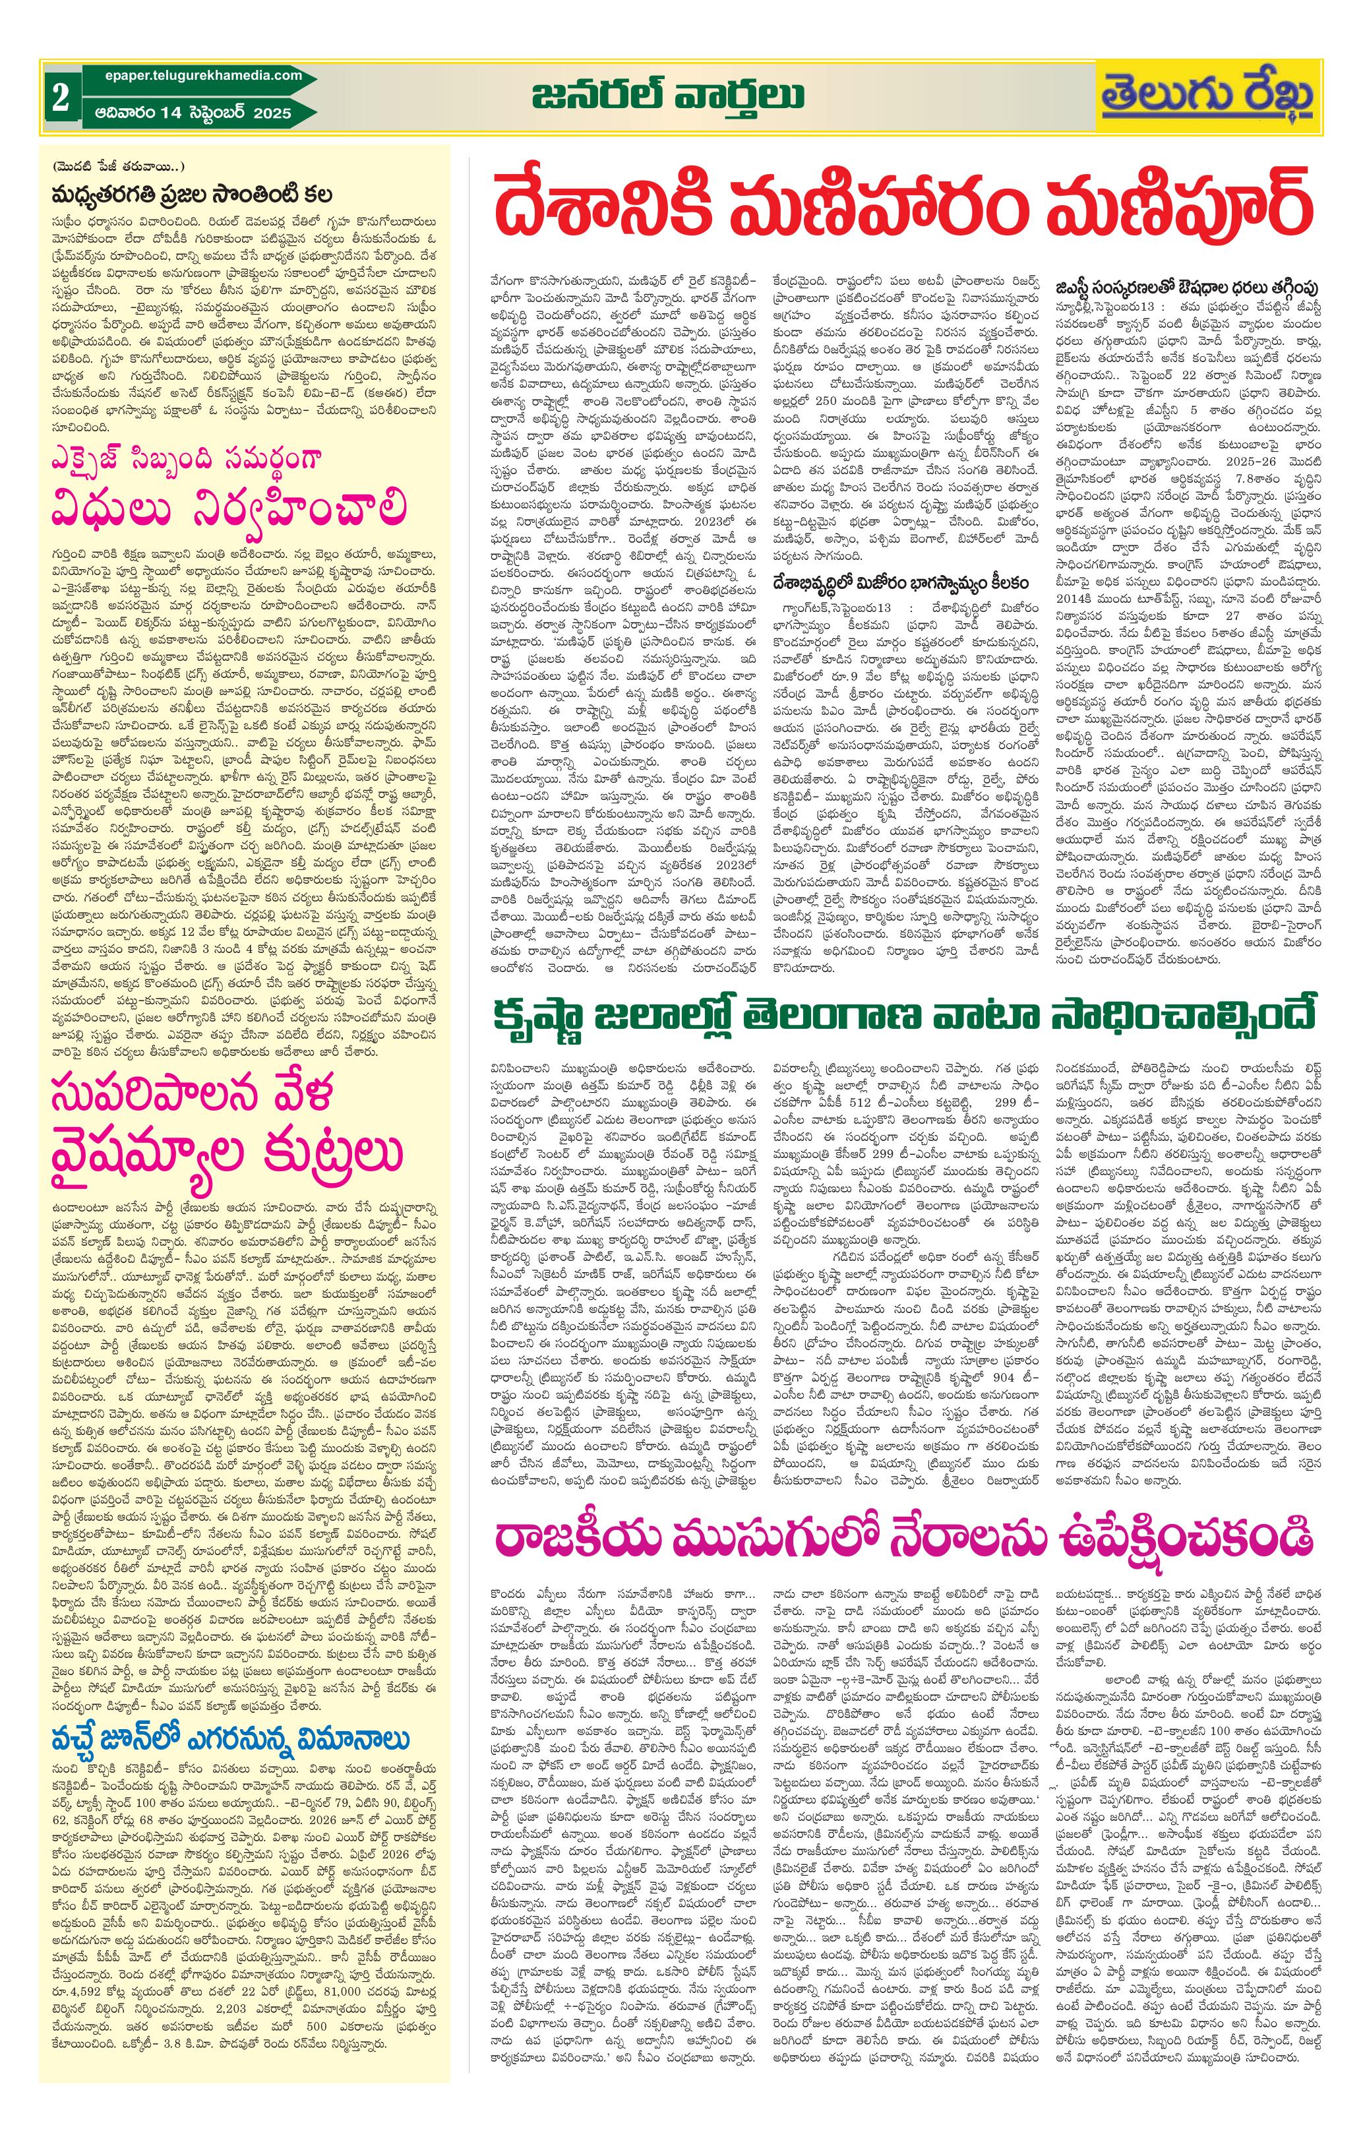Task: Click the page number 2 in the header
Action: [61, 98]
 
